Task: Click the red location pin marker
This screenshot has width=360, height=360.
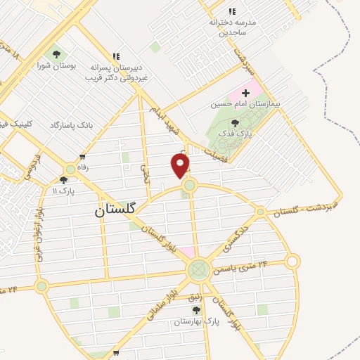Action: pyautogui.click(x=181, y=166)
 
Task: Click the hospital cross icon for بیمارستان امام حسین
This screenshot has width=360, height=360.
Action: pyautogui.click(x=245, y=93)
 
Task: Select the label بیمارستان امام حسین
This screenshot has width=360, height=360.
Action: pyautogui.click(x=245, y=104)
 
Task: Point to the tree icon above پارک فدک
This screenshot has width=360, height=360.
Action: pyautogui.click(x=234, y=122)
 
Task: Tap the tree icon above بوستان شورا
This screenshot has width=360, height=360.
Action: pyautogui.click(x=55, y=55)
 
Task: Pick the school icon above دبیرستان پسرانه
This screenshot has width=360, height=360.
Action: pyautogui.click(x=116, y=56)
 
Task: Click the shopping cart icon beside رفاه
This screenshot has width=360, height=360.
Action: pyautogui.click(x=83, y=157)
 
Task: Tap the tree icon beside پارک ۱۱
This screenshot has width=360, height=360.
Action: pyautogui.click(x=63, y=180)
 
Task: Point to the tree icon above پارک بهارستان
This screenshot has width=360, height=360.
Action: pyautogui.click(x=196, y=310)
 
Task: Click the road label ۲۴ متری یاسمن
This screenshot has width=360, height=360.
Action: pyautogui.click(x=255, y=264)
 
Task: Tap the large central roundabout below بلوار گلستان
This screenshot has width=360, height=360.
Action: pyautogui.click(x=198, y=269)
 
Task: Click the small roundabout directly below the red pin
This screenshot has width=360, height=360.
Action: pyautogui.click(x=188, y=186)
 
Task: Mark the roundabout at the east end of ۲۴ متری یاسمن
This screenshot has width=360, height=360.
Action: pyautogui.click(x=292, y=262)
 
